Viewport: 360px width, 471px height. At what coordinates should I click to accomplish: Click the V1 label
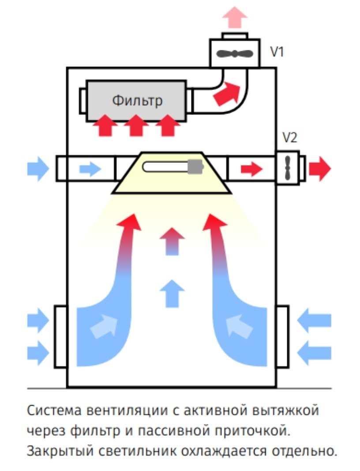(x=277, y=52)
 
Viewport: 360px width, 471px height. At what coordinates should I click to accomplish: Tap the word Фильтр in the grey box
(x=137, y=100)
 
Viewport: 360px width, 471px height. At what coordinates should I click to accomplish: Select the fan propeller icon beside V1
(x=235, y=54)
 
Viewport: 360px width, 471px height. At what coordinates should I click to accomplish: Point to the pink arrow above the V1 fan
(x=234, y=18)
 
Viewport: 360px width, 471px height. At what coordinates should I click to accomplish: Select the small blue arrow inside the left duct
(x=90, y=168)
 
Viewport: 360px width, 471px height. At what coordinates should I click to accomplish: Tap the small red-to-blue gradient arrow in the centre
(x=172, y=241)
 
